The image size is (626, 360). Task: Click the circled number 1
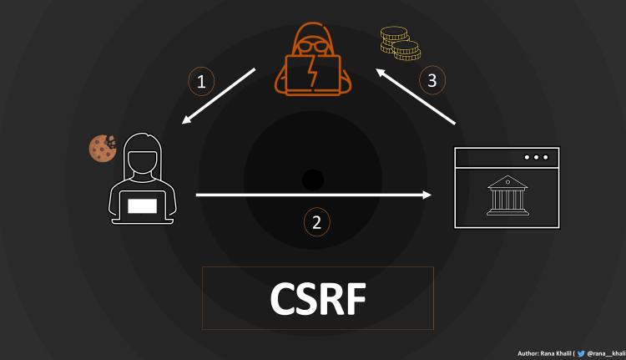point(201,81)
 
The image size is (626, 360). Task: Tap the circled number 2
point(316,222)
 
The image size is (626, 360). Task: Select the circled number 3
point(432,80)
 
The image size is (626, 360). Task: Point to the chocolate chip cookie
point(102,148)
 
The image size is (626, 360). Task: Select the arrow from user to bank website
point(313,195)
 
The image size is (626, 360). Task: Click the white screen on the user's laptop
point(142,203)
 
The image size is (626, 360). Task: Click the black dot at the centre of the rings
point(312,179)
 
